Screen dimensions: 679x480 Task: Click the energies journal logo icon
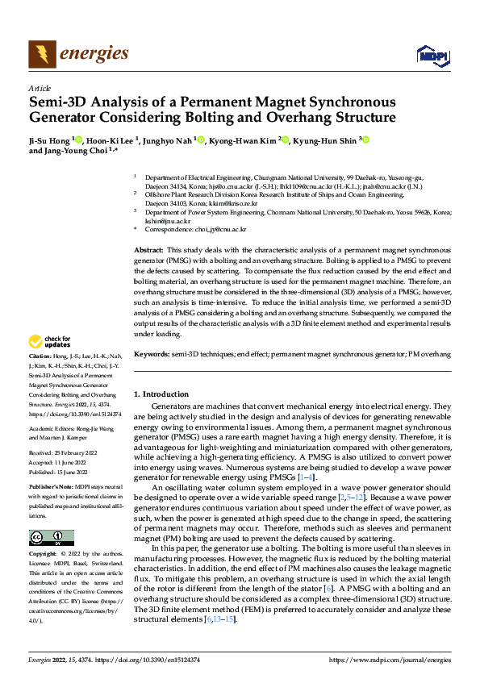pos(41,55)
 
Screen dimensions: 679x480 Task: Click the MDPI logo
pos(431,55)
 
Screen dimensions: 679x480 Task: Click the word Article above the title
pos(40,88)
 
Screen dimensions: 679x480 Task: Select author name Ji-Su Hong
pos(48,140)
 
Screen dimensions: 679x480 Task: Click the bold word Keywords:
pos(152,353)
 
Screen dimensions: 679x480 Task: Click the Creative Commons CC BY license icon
pos(51,538)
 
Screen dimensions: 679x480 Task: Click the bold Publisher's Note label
pos(50,489)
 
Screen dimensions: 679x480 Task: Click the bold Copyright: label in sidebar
pos(43,554)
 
